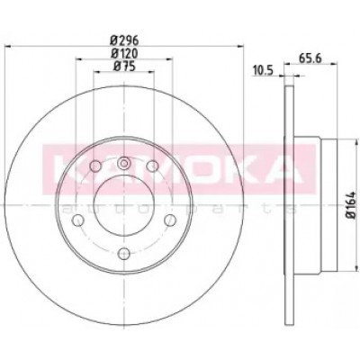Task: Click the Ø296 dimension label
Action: pyautogui.click(x=124, y=40)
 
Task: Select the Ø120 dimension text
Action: pyautogui.click(x=124, y=53)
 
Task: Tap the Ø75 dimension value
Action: pyautogui.click(x=124, y=66)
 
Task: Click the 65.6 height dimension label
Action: pyautogui.click(x=310, y=58)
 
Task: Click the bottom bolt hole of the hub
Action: pyautogui.click(x=123, y=254)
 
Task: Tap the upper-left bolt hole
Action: pyautogui.click(x=95, y=166)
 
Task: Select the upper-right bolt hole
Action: pyautogui.click(x=152, y=166)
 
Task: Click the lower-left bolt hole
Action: pyautogui.click(x=78, y=220)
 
